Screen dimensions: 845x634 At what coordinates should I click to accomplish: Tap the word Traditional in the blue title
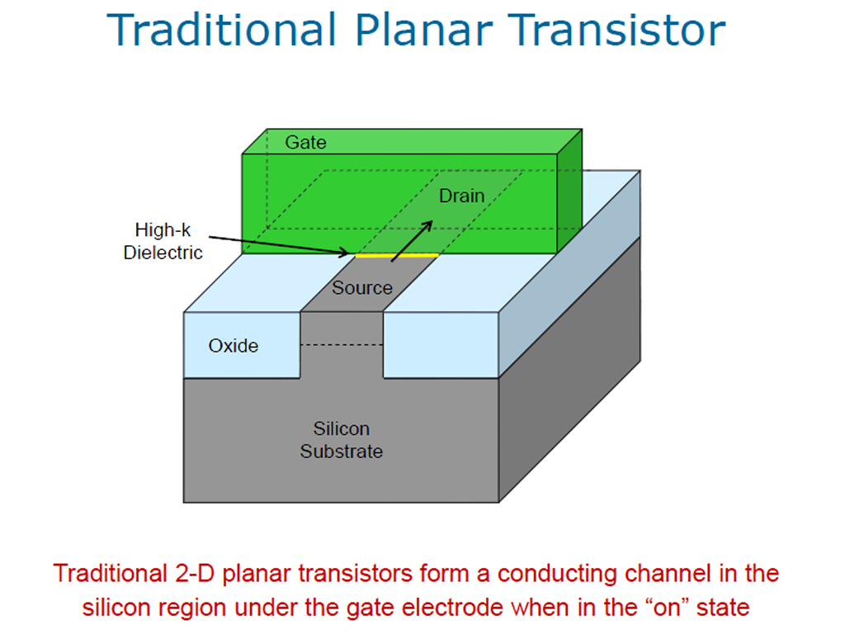[x=222, y=31]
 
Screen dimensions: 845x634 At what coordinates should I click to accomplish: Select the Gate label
[x=305, y=142]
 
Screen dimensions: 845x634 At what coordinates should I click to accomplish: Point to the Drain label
[x=462, y=196]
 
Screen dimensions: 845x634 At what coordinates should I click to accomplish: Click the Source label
[x=362, y=288]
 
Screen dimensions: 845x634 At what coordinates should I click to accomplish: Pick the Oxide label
[x=234, y=346]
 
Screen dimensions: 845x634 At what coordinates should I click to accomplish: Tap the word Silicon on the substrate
[x=342, y=428]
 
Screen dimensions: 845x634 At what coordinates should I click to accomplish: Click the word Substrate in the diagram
[x=342, y=452]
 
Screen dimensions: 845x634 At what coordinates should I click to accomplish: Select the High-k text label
[x=163, y=230]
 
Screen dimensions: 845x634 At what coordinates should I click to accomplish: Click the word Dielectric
[x=163, y=253]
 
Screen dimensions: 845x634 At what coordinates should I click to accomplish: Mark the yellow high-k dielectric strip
[x=397, y=256]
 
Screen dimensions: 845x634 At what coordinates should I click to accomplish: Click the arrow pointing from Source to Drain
[x=412, y=241]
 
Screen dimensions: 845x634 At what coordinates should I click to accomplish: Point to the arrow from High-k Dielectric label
[x=279, y=245]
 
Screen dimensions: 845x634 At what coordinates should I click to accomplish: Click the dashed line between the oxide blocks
[x=342, y=344]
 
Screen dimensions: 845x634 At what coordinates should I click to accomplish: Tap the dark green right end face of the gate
[x=569, y=192]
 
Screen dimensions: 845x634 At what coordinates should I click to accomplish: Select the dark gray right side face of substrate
[x=569, y=369]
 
